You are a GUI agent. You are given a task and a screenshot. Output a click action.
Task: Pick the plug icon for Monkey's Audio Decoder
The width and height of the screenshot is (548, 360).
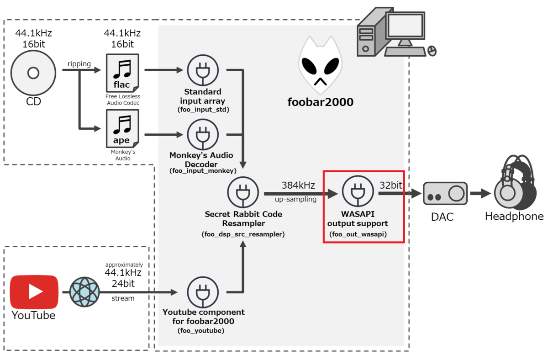[x=202, y=135]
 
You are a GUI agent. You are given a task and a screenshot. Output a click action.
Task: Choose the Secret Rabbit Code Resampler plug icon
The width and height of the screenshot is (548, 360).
[x=243, y=193]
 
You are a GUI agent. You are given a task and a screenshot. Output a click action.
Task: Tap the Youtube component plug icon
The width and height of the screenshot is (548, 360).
[x=203, y=292]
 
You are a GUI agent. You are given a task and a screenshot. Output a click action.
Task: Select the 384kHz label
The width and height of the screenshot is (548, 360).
[x=298, y=185]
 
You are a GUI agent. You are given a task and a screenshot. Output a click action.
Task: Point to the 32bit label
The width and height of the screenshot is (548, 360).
[x=391, y=185]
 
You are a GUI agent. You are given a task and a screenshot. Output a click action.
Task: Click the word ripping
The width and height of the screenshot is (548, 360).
[x=79, y=64]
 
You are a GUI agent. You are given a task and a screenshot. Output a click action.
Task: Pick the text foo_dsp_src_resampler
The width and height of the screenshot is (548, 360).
[x=243, y=234]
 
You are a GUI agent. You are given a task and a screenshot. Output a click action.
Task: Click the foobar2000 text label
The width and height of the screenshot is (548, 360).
[x=320, y=102]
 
